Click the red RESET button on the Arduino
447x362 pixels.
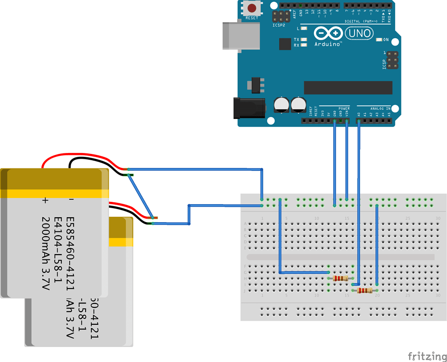click(x=252, y=8)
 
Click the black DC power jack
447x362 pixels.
click(x=249, y=107)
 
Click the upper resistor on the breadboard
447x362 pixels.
click(x=341, y=278)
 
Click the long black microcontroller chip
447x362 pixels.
click(x=348, y=88)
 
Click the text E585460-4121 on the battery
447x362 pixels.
click(x=70, y=246)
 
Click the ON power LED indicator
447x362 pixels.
click(x=380, y=40)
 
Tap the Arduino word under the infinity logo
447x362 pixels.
click(x=328, y=44)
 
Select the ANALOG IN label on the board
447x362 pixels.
click(x=380, y=108)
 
